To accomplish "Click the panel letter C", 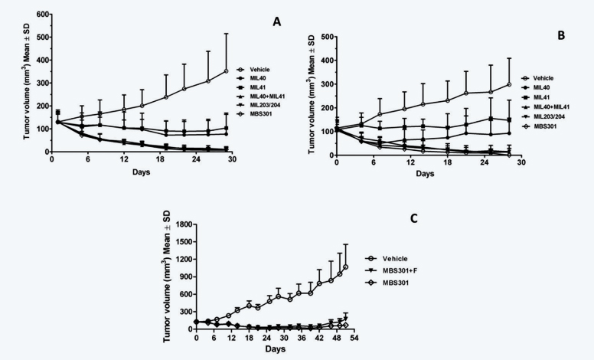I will (x=414, y=218).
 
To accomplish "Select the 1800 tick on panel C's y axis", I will (x=182, y=224).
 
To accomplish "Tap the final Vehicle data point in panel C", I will (x=345, y=267).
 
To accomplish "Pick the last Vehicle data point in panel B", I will (x=508, y=84).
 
